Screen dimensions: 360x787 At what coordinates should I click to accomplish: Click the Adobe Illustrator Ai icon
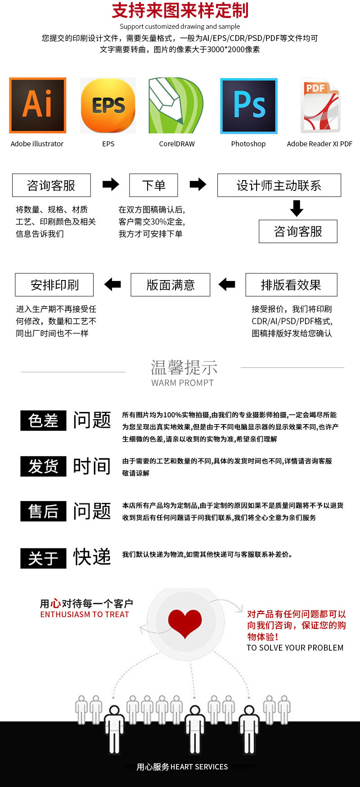pyautogui.click(x=38, y=105)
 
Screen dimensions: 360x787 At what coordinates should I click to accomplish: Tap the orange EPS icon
pyautogui.click(x=108, y=106)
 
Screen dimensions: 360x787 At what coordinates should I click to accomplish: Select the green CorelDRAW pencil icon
pyautogui.click(x=176, y=105)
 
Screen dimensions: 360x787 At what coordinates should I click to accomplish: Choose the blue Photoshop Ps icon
pyautogui.click(x=249, y=106)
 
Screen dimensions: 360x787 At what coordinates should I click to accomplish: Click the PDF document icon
pyautogui.click(x=320, y=106)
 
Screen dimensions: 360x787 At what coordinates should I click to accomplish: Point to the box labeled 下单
pyautogui.click(x=153, y=185)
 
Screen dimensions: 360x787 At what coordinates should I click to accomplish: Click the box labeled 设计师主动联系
pyautogui.click(x=279, y=185)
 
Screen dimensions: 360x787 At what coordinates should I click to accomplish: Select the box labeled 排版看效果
pyautogui.click(x=291, y=285)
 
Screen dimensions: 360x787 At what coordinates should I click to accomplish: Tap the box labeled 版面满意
pyautogui.click(x=171, y=285)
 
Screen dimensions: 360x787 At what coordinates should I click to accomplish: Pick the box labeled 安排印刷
pyautogui.click(x=54, y=285)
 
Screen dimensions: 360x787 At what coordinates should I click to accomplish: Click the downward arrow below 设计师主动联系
pyautogui.click(x=297, y=208)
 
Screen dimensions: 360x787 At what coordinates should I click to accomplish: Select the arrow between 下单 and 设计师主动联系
pyautogui.click(x=198, y=184)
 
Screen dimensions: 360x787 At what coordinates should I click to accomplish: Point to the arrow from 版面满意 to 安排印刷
pyautogui.click(x=112, y=284)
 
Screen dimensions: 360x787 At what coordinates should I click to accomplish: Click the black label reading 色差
pyautogui.click(x=43, y=421)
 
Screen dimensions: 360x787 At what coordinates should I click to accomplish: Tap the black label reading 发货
pyautogui.click(x=43, y=466)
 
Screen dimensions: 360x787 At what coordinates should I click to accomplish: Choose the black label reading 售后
pyautogui.click(x=43, y=511)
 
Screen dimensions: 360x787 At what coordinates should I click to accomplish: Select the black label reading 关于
pyautogui.click(x=43, y=558)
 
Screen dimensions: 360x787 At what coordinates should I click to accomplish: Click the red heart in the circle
pyautogui.click(x=185, y=623)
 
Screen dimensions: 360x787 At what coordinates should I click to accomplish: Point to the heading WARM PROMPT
pyautogui.click(x=182, y=383)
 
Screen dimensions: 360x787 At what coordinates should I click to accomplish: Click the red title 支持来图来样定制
pyautogui.click(x=180, y=10)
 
